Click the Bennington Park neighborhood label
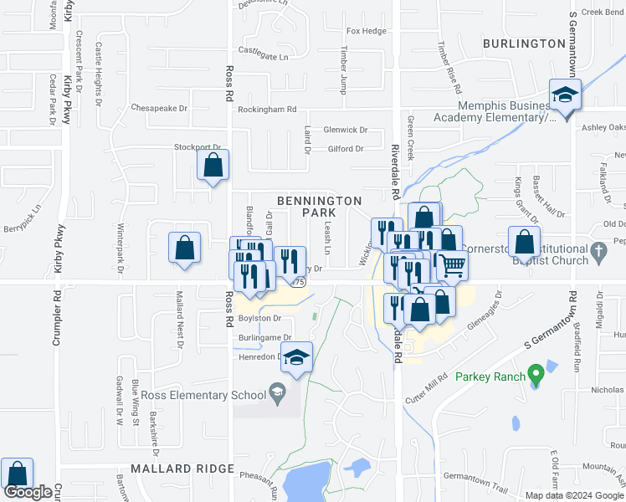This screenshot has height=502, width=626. tap(319, 207)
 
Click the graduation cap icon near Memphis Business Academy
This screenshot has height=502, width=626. tap(565, 95)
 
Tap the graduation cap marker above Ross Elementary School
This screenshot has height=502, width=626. tap(295, 358)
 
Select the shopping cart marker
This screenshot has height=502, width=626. tap(453, 265)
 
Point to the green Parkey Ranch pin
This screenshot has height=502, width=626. tap(533, 376)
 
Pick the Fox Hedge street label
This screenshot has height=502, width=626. tap(367, 32)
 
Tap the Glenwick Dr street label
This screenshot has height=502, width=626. tap(346, 130)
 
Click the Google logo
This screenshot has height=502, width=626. tap(28, 492)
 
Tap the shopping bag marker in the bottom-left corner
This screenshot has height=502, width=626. tap(17, 474)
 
